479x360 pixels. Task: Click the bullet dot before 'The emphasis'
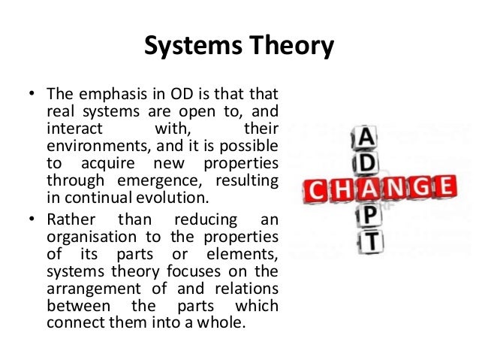coord(32,96)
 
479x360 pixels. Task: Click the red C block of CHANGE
coord(318,189)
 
